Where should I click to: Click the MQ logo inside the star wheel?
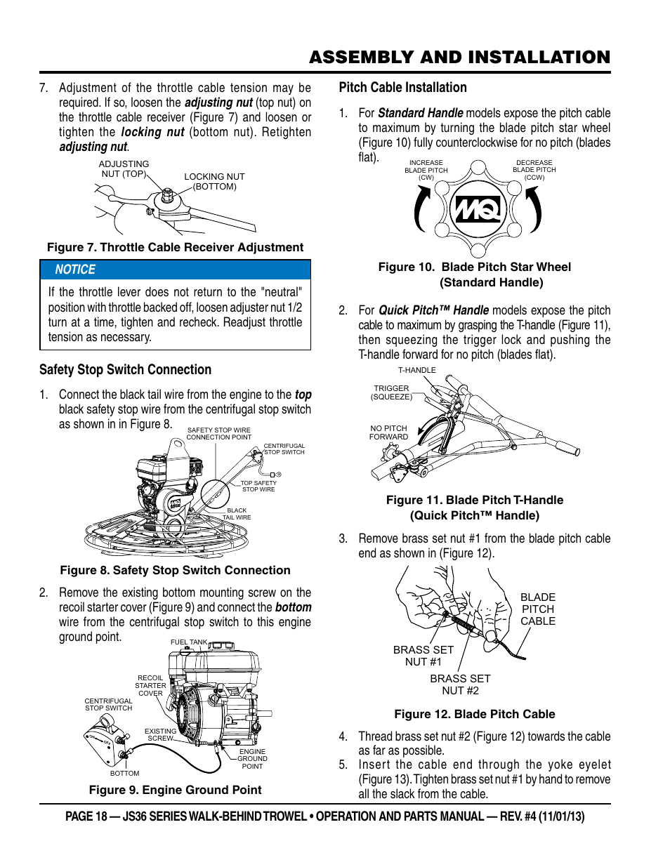(x=478, y=209)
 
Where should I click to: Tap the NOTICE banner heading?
(x=75, y=270)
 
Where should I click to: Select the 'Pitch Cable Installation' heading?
(x=402, y=88)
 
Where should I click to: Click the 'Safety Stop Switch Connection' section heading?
(x=125, y=370)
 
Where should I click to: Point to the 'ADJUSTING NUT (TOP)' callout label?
(x=124, y=169)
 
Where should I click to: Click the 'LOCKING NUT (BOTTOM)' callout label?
(x=214, y=182)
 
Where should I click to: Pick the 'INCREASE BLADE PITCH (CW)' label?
(x=426, y=170)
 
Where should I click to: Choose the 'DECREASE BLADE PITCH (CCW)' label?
(x=534, y=170)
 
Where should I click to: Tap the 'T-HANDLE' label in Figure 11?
(x=417, y=370)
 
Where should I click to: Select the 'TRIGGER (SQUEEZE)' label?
(x=391, y=392)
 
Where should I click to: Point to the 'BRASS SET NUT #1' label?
(x=423, y=656)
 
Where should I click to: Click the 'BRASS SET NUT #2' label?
(x=460, y=684)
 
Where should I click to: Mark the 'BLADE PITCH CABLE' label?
(x=538, y=609)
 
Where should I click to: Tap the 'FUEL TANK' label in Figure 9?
(x=189, y=642)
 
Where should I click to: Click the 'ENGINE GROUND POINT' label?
(x=252, y=759)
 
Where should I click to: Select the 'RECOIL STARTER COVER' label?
(x=150, y=686)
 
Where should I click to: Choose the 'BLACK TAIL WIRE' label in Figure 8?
(x=237, y=514)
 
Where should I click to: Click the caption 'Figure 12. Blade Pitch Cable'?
(x=475, y=714)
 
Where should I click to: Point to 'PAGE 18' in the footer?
(x=86, y=816)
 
